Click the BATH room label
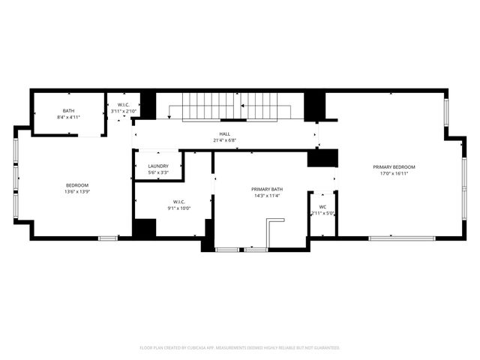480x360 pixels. coord(68,111)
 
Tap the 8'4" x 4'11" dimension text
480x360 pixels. coord(68,118)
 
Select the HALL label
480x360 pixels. coord(224,133)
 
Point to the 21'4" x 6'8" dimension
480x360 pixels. coord(224,140)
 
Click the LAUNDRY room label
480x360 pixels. coord(158,166)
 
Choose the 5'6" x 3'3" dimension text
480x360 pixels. coord(158,172)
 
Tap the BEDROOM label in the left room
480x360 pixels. coord(77,185)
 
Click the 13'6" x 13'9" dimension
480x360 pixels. coord(77,192)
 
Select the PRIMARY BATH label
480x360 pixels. coord(267,189)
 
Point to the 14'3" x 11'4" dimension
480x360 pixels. coord(267,196)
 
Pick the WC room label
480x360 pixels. coord(322,206)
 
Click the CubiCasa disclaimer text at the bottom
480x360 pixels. coord(240,348)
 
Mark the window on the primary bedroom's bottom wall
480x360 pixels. coord(402,238)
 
